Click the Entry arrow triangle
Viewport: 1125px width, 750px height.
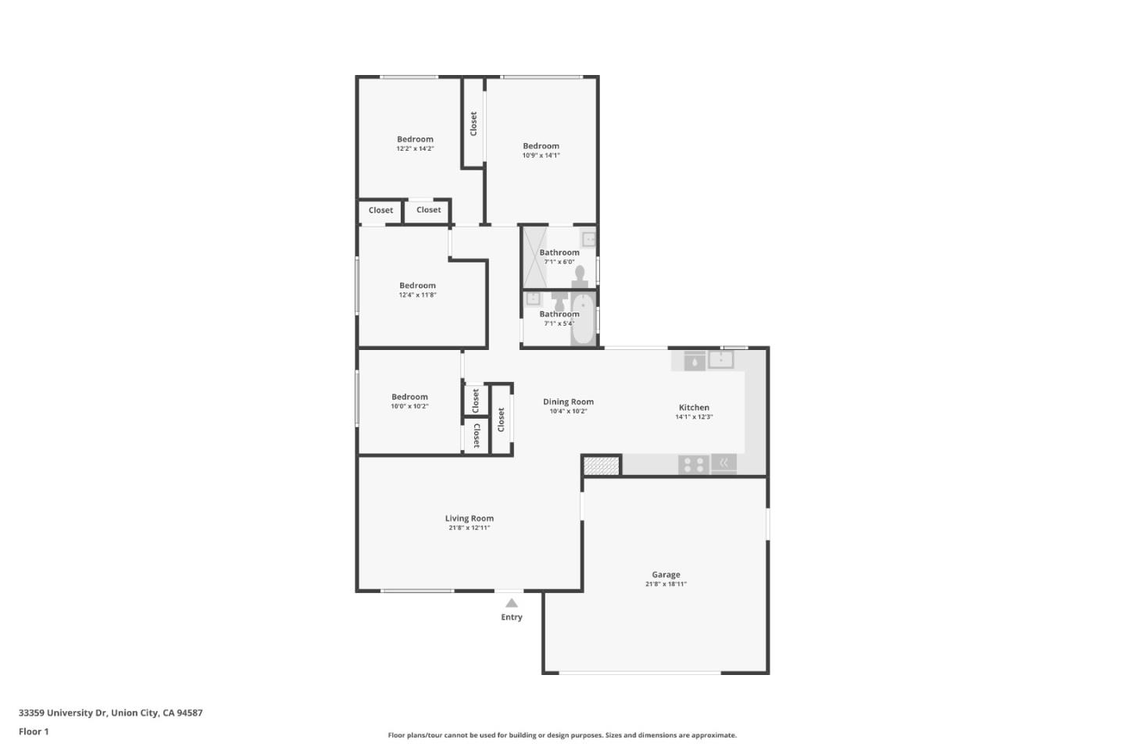(511, 602)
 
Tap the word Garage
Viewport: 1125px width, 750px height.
(666, 574)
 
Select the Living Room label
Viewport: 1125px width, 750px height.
(469, 518)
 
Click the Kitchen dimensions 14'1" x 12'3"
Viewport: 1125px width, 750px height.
(694, 417)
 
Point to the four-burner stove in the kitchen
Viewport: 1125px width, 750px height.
(693, 464)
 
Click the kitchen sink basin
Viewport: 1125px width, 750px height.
(720, 360)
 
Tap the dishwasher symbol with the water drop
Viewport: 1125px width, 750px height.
(695, 361)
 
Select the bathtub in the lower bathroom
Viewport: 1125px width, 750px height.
(583, 319)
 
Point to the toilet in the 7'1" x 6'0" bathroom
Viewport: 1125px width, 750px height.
(580, 276)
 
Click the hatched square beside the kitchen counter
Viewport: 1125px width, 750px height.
(601, 466)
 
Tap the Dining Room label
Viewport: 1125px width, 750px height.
(568, 402)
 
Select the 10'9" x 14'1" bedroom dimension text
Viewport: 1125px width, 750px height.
(541, 155)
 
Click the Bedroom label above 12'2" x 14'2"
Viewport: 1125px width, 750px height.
(415, 139)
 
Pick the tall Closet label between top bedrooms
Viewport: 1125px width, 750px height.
(473, 123)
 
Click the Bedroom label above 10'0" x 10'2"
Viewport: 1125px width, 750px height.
(409, 397)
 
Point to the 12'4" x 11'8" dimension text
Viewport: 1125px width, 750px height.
(417, 295)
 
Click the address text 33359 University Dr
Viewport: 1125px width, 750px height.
(62, 712)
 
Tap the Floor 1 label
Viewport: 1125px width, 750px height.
(34, 732)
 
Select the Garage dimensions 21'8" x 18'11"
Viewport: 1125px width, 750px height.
(666, 584)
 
